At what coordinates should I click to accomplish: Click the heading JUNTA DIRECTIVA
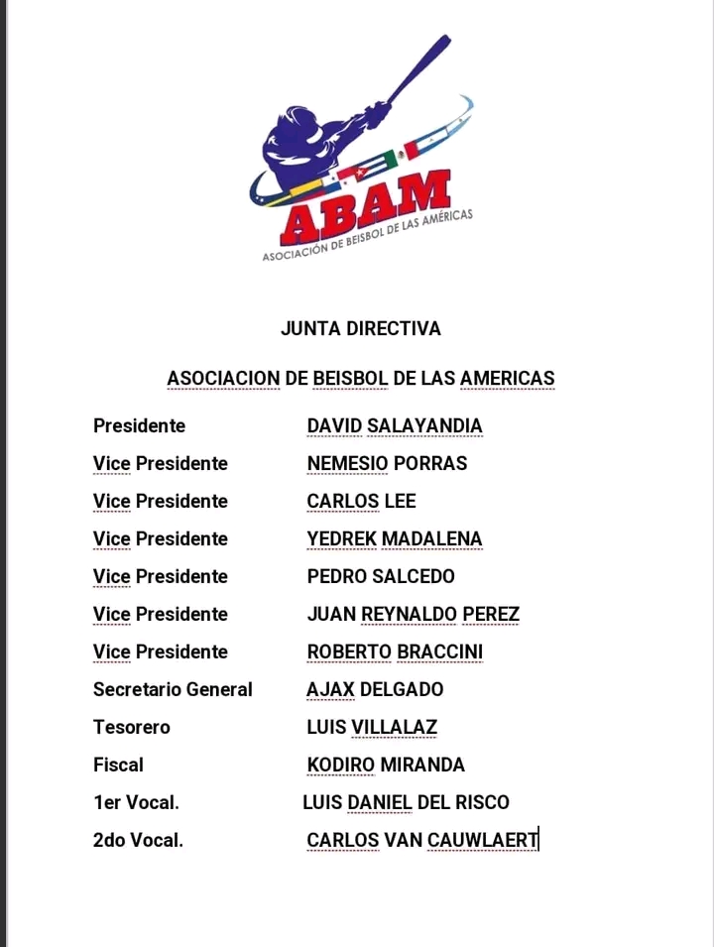[x=361, y=328]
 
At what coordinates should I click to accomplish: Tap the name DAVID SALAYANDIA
[x=395, y=426]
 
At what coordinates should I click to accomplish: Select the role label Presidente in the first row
[x=139, y=426]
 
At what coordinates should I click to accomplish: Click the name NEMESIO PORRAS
[x=387, y=464]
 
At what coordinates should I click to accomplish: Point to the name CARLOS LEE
[x=361, y=502]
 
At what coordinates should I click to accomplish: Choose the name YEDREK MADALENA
[x=395, y=539]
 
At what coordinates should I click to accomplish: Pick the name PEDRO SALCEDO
[x=381, y=577]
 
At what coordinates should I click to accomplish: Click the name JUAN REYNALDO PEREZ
[x=413, y=615]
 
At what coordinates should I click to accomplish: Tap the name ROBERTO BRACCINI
[x=395, y=652]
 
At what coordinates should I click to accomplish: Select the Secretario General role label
[x=173, y=690]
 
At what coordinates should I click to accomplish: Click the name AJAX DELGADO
[x=375, y=690]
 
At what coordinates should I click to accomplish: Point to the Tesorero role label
[x=132, y=728]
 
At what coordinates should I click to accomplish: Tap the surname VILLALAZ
[x=394, y=728]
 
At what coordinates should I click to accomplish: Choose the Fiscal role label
[x=118, y=766]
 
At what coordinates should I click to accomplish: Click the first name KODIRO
[x=340, y=766]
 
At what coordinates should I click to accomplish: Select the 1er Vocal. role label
[x=136, y=803]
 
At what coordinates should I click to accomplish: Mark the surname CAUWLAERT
[x=482, y=841]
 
